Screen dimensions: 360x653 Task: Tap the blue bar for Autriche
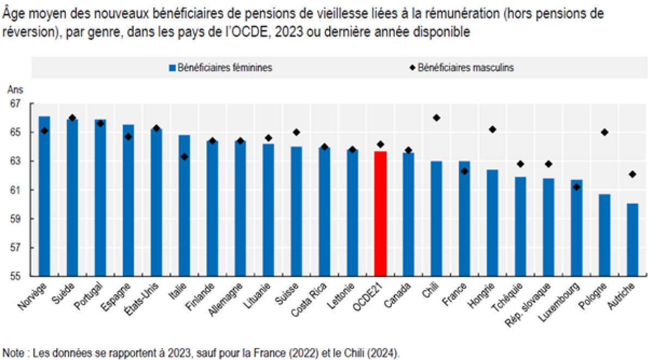(x=632, y=240)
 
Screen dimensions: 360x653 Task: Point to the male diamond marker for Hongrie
(x=492, y=129)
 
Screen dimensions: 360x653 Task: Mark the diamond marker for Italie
(x=184, y=157)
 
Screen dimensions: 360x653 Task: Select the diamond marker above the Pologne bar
(x=604, y=132)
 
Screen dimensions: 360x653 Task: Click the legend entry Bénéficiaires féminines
(x=220, y=68)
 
